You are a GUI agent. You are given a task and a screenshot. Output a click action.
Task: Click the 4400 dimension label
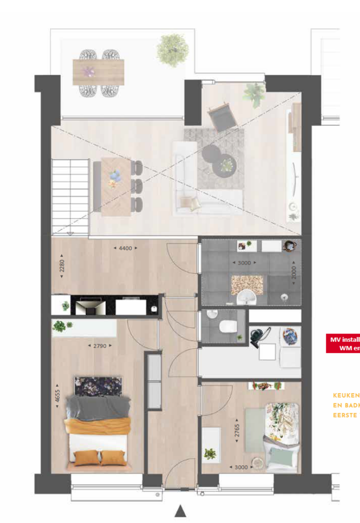tap(125, 249)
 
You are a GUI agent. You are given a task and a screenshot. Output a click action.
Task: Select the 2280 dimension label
tap(62, 266)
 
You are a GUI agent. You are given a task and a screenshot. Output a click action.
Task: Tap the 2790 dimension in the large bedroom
tap(100, 346)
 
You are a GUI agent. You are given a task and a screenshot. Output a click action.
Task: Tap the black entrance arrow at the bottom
tap(180, 511)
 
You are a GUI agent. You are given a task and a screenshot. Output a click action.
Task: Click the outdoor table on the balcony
tap(99, 72)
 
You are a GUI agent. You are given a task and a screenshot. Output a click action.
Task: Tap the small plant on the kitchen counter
tap(65, 306)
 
